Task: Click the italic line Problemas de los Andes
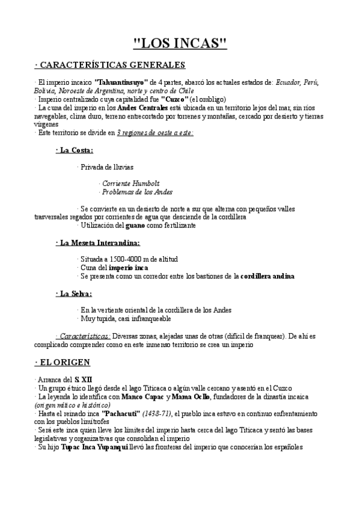(x=137, y=192)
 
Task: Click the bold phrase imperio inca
(x=129, y=267)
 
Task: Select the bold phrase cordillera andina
(x=267, y=276)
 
